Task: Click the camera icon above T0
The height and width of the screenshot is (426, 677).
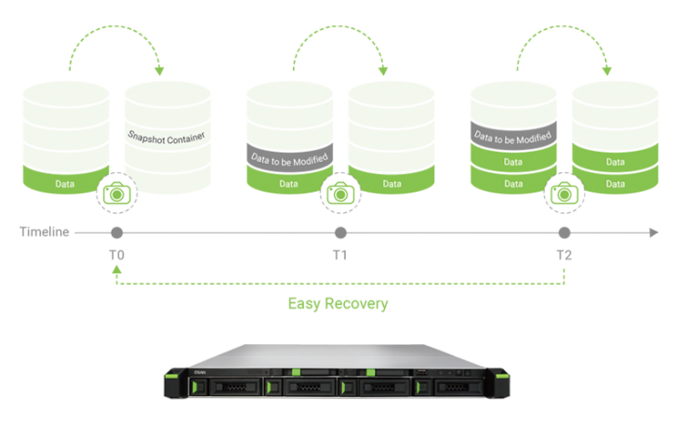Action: [116, 193]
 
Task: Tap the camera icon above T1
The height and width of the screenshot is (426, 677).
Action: [339, 193]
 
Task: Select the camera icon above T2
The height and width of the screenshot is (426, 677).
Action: [563, 193]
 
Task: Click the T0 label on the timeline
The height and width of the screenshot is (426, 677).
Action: [116, 254]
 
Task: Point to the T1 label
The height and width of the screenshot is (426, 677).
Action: [339, 254]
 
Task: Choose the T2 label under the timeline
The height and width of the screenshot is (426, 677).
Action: [564, 254]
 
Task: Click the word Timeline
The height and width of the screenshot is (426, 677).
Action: [44, 232]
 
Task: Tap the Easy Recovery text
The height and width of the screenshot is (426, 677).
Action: [338, 303]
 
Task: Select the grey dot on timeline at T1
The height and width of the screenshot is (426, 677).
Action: [340, 232]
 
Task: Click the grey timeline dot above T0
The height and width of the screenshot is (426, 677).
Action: [116, 232]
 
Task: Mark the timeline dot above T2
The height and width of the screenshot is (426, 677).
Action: [564, 232]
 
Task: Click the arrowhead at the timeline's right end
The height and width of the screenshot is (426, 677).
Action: [654, 232]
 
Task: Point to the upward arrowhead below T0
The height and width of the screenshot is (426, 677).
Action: [116, 270]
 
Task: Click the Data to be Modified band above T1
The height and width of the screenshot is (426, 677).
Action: [290, 157]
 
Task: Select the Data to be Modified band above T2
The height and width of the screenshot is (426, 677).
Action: [513, 136]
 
